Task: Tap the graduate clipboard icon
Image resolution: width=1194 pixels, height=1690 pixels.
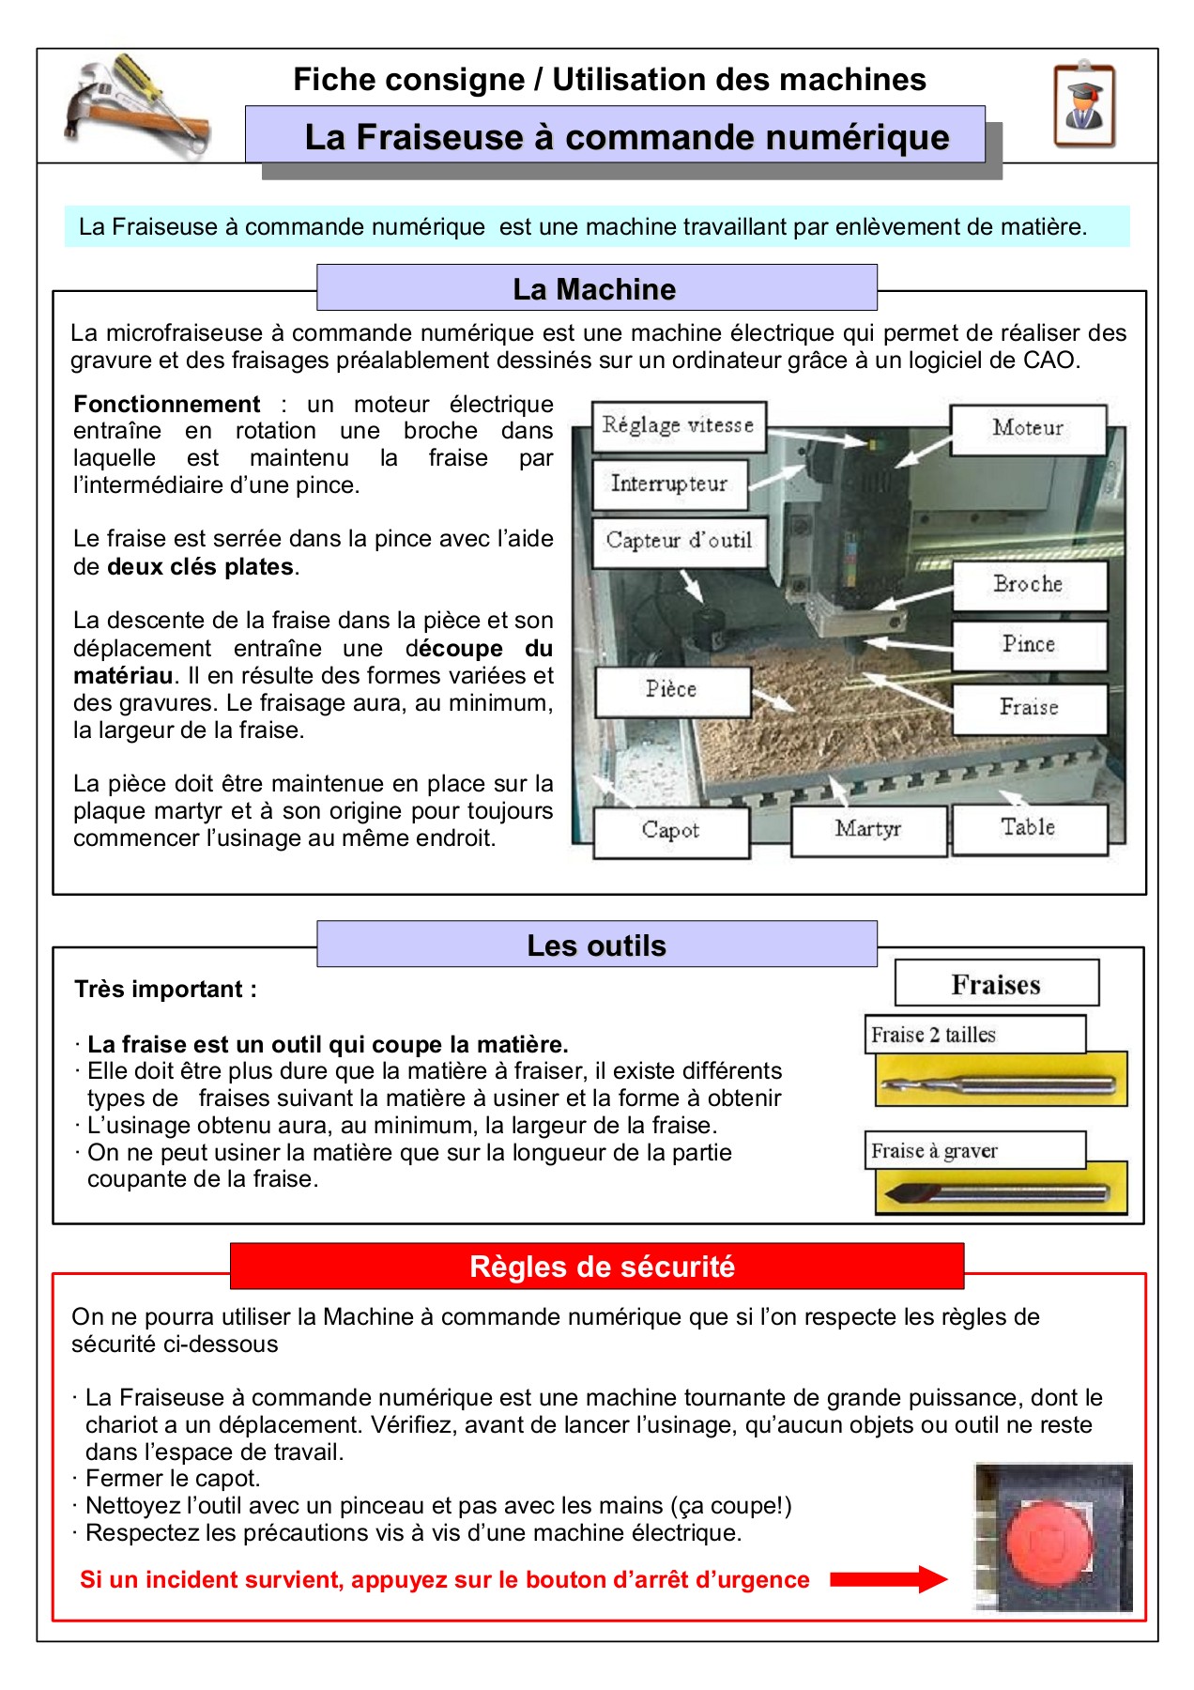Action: point(1084,106)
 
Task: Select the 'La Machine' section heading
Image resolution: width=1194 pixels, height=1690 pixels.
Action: point(596,288)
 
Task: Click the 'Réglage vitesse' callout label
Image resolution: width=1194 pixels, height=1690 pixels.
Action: point(679,426)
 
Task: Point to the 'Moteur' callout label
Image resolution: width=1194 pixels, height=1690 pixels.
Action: point(1028,429)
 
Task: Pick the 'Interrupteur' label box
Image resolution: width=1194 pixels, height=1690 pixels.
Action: point(669,484)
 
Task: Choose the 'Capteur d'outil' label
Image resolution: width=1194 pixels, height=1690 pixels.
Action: point(679,541)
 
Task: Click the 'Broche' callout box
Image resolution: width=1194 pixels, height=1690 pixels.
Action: point(1029,585)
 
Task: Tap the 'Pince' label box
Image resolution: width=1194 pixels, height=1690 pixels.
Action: point(1029,645)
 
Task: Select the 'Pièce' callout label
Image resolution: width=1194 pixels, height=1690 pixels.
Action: point(672,690)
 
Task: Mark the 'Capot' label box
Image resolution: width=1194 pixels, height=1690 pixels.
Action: point(671,831)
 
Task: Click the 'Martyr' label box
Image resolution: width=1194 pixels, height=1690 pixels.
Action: point(868,829)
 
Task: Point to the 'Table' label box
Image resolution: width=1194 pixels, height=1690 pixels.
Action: point(1029,828)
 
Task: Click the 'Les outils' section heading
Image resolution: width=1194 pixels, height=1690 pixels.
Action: point(596,945)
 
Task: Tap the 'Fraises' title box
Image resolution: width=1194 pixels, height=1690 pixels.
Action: point(996,984)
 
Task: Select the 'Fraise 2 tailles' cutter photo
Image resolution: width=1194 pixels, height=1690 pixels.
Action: point(1001,1083)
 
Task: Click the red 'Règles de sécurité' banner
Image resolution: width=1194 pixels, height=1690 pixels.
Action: point(597,1267)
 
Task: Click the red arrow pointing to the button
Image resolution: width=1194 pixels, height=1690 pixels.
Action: point(888,1579)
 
